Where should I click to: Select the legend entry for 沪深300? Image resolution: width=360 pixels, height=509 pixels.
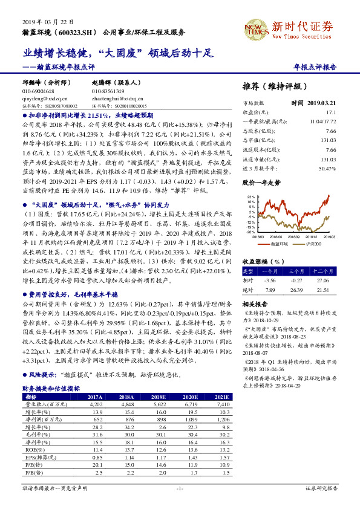point(321,244)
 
